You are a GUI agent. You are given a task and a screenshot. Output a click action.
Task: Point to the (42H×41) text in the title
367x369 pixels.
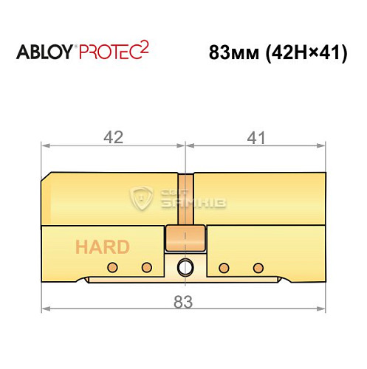tap(304, 54)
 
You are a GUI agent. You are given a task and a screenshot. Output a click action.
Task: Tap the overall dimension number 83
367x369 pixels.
tap(182, 301)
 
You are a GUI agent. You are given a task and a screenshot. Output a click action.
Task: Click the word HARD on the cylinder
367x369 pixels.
tap(101, 247)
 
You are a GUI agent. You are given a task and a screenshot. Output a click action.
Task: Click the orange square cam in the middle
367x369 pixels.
tap(185, 240)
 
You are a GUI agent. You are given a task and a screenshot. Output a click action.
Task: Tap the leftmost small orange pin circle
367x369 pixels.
tap(112, 266)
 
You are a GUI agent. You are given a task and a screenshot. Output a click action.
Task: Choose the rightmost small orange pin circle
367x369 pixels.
tap(258, 266)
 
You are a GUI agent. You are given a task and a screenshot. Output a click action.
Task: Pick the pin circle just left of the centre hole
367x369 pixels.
tap(146, 266)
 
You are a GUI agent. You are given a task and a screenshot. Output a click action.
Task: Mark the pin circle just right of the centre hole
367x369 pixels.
tap(224, 266)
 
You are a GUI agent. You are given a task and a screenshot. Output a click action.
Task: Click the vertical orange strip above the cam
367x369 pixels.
tap(185, 198)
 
